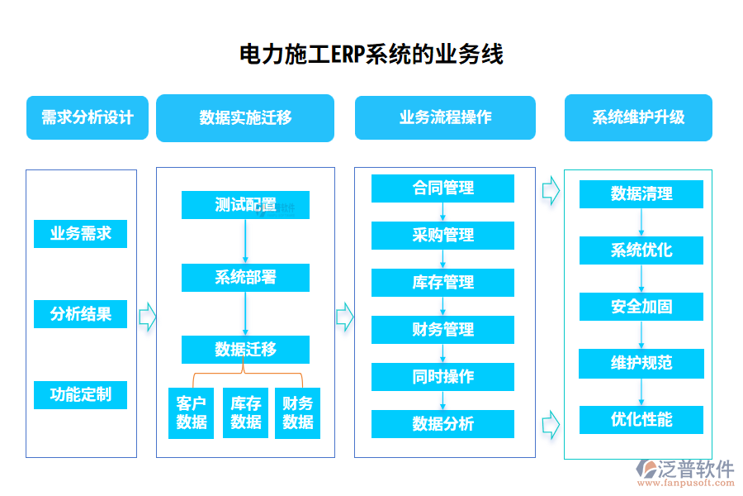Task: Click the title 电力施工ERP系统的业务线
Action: point(371,55)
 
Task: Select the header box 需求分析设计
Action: point(88,117)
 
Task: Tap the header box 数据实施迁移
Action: point(245,117)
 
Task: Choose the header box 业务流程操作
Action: point(445,117)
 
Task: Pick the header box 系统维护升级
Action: point(638,117)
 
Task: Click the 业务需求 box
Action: point(80,234)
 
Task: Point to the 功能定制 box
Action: point(80,394)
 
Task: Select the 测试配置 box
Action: point(245,205)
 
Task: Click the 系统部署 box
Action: point(245,278)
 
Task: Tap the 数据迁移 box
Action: point(245,350)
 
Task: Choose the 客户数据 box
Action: point(192,413)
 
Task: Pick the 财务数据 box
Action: point(297,413)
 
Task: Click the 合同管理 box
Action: point(442,188)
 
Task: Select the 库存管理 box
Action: point(442,283)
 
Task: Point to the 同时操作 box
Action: point(442,377)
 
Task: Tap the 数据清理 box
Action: point(641,194)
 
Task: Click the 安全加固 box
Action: point(641,307)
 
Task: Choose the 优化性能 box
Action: point(641,420)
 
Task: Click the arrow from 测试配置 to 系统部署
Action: point(245,241)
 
